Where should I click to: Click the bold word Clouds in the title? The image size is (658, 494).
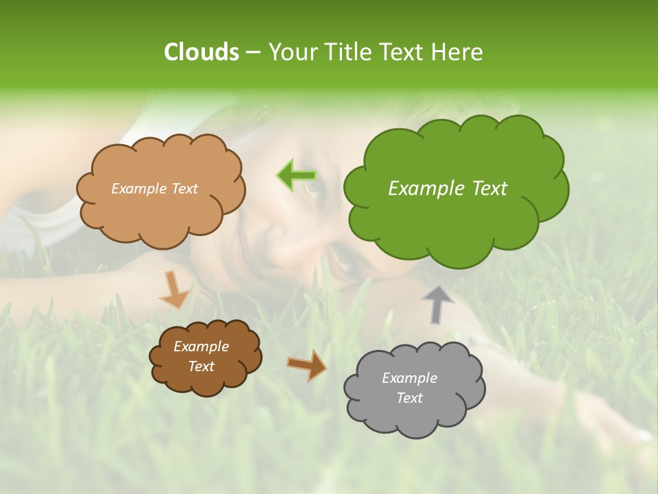coord(201,52)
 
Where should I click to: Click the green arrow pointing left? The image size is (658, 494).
coord(295,175)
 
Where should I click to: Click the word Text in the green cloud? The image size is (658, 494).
coord(489,189)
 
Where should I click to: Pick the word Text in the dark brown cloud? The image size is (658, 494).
coord(202,366)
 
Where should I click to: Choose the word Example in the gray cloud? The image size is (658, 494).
coord(409,378)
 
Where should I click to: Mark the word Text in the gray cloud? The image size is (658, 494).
coord(410,398)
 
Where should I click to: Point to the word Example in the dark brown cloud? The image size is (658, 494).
coord(202,346)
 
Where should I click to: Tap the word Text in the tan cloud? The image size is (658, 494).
coord(184,189)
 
